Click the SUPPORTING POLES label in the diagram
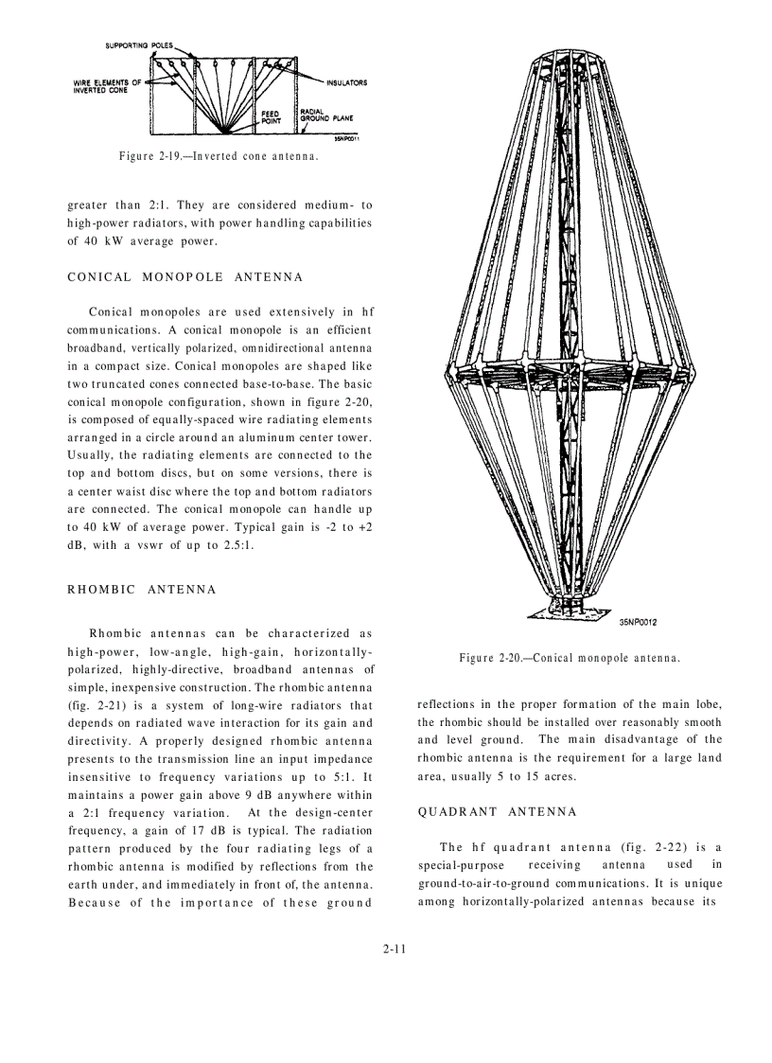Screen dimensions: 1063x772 click(138, 45)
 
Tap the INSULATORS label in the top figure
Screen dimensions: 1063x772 click(346, 82)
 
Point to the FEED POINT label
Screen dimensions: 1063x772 click(270, 116)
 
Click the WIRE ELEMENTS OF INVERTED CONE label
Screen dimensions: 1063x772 click(107, 86)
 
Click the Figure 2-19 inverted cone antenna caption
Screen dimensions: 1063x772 click(218, 155)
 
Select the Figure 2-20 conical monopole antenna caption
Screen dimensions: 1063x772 click(570, 658)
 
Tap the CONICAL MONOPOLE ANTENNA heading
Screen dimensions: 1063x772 click(185, 277)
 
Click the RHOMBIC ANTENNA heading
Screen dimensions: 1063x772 click(142, 589)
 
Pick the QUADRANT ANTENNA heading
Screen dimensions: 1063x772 click(497, 812)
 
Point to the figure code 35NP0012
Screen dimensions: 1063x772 click(639, 622)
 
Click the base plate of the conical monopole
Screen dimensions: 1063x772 click(570, 609)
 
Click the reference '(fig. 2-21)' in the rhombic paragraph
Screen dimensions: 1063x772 click(95, 705)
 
